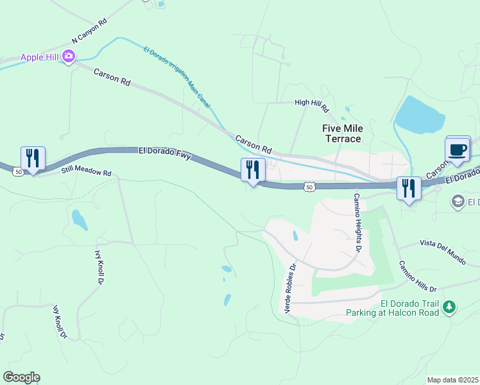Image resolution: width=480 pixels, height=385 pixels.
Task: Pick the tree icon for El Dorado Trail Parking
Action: (450, 308)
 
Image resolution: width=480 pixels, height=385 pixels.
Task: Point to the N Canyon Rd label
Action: (90, 31)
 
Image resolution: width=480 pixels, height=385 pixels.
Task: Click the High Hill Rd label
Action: (311, 102)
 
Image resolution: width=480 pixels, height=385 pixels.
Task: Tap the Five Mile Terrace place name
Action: (341, 133)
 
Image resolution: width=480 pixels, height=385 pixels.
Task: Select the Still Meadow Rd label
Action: (87, 171)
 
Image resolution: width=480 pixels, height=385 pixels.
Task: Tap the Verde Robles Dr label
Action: (289, 289)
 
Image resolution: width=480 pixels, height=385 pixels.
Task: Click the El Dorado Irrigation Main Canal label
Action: (177, 76)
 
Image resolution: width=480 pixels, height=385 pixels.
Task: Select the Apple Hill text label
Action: (40, 57)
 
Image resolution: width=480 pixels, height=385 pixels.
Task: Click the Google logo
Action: (21, 377)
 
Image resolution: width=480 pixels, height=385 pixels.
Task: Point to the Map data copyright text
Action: (452, 380)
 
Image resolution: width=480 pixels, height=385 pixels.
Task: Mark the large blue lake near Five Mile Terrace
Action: (420, 116)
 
